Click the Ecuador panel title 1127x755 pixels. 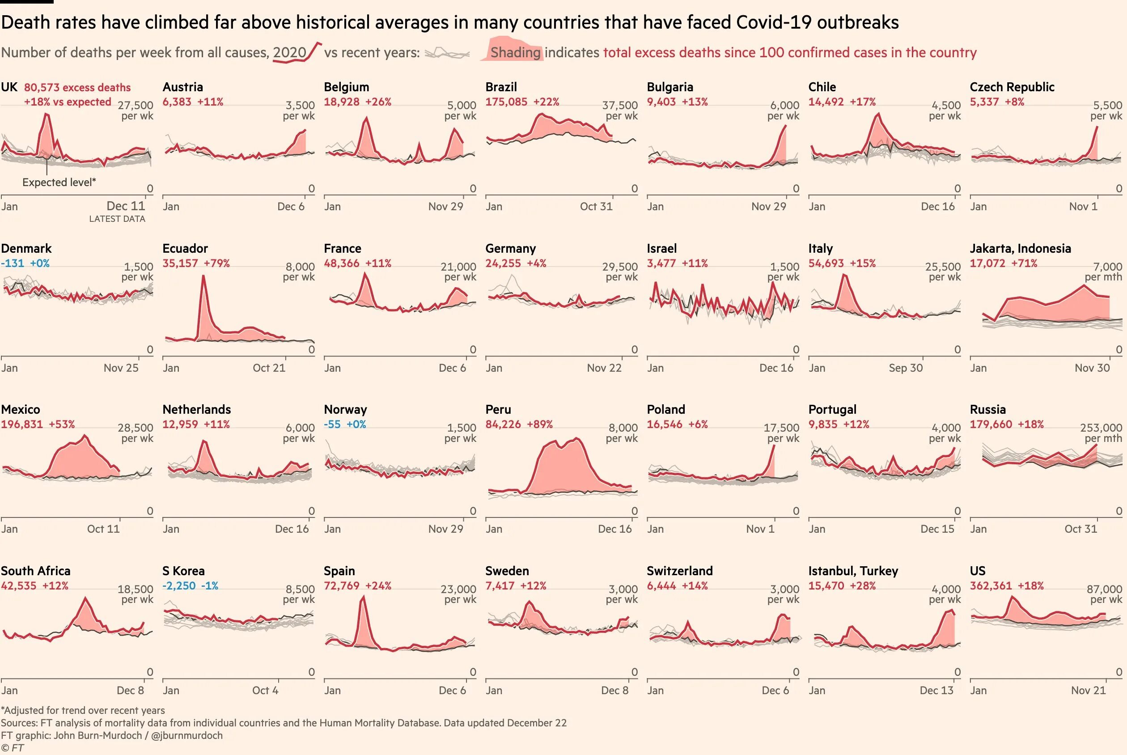pyautogui.click(x=185, y=248)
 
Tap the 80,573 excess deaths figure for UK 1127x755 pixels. pyautogui.click(x=77, y=88)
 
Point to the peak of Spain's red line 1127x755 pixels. pyautogui.click(x=364, y=597)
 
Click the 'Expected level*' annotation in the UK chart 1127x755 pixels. pyautogui.click(x=59, y=182)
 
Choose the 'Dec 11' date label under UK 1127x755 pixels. pyautogui.click(x=126, y=206)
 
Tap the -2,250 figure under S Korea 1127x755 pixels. pyautogui.click(x=179, y=585)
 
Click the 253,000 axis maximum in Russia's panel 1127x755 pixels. pyautogui.click(x=1101, y=428)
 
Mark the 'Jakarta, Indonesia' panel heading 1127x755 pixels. pyautogui.click(x=1020, y=248)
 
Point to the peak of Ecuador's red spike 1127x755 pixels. pyautogui.click(x=203, y=276)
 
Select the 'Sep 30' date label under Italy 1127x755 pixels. pyautogui.click(x=906, y=368)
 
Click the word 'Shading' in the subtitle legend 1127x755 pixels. pyautogui.click(x=516, y=52)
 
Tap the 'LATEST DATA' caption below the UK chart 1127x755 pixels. pyautogui.click(x=117, y=219)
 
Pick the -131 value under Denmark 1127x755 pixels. pyautogui.click(x=13, y=263)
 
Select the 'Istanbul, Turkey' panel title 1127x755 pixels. pyautogui.click(x=853, y=571)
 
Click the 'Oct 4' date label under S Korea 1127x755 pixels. pyautogui.click(x=265, y=691)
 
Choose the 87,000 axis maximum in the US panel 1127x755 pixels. pyautogui.click(x=1104, y=589)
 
